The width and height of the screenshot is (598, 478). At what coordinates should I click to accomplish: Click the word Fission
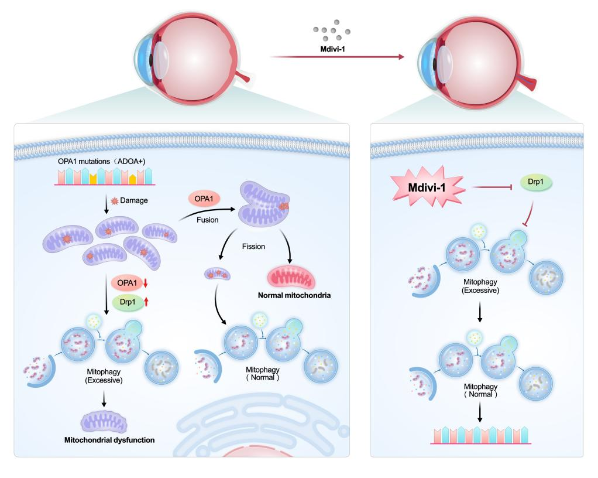253,247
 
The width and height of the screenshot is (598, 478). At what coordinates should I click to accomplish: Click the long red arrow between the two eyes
336,57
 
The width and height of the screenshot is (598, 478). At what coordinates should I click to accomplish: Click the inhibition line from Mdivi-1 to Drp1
489,189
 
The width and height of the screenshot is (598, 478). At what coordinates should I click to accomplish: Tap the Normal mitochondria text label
294,296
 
